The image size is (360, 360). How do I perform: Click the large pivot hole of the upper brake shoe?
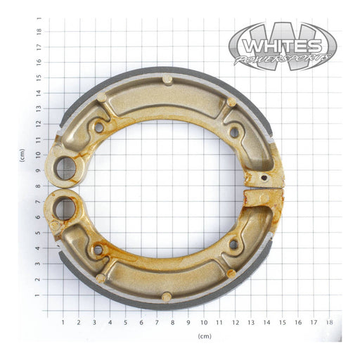tap(67, 167)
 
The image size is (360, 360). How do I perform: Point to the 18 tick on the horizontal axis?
tap(330, 322)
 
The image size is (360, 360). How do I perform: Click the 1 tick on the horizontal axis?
tap(63, 322)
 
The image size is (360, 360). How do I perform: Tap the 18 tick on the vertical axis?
tap(39, 31)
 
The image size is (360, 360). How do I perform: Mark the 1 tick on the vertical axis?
tap(39, 296)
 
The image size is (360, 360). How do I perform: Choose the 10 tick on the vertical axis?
tap(39, 155)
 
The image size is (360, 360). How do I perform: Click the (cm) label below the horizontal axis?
tap(204, 337)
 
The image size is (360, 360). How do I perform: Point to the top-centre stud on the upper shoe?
tap(167, 79)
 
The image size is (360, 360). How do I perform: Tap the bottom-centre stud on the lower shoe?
tap(166, 296)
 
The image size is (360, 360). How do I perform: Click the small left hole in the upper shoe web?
tap(98, 128)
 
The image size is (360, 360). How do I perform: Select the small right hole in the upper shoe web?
tap(234, 131)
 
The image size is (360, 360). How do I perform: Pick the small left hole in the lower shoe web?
tap(98, 250)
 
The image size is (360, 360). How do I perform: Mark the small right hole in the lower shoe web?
tap(233, 245)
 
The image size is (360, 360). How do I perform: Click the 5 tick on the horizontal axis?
tap(126, 322)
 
